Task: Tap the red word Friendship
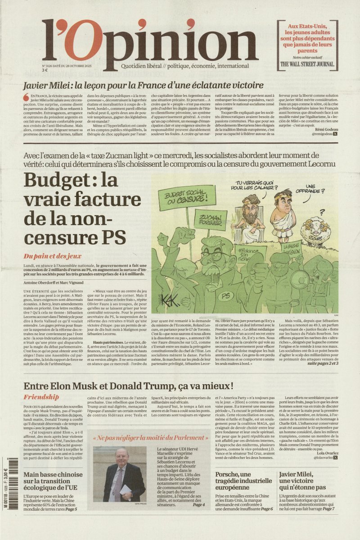tap(41, 397)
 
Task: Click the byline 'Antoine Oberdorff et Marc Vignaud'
tap(51, 282)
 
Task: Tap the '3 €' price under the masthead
tap(45, 70)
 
